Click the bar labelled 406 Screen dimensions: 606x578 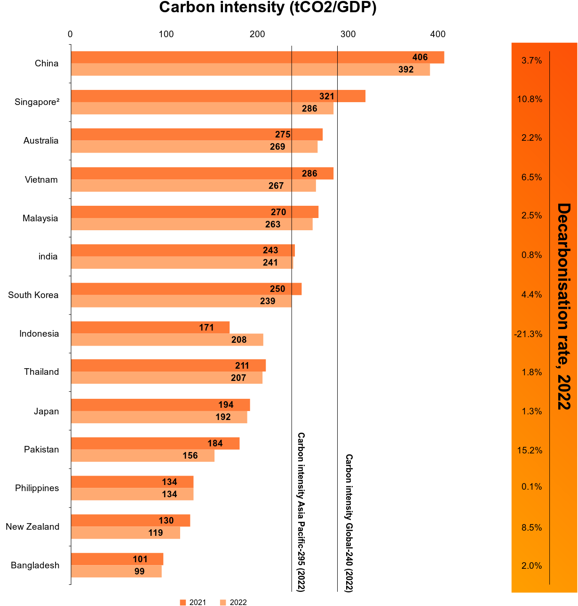258,57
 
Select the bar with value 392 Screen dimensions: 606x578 251,70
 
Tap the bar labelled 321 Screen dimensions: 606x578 218,96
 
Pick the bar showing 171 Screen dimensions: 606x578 150,327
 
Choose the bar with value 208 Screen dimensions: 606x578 167,339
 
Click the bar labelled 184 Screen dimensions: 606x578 155,443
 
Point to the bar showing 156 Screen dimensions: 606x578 143,455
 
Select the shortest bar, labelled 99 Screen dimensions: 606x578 116,571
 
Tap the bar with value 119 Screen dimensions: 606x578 126,533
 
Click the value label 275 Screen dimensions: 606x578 283,135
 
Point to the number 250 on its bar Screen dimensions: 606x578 277,289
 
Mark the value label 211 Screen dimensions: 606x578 242,366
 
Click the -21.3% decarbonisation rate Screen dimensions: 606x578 528,334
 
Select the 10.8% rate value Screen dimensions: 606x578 530,99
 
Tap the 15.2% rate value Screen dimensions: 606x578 530,451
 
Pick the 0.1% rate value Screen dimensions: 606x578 531,487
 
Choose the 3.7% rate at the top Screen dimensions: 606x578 531,61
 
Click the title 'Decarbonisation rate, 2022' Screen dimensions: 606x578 563,306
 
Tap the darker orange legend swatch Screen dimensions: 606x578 183,602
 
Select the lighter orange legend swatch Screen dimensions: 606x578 223,602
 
